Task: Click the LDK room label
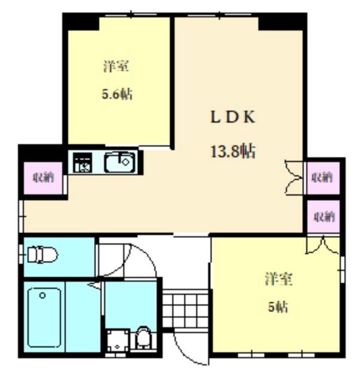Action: click(232, 117)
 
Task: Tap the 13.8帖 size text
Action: click(232, 151)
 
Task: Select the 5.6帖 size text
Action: click(117, 94)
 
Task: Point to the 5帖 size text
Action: click(278, 307)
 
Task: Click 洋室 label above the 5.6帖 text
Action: click(116, 66)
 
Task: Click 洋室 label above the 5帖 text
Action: click(279, 279)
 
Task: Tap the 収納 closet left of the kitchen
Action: click(43, 177)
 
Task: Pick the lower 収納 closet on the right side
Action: click(323, 217)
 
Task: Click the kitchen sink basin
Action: click(120, 162)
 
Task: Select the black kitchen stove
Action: click(83, 162)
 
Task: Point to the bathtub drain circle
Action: click(42, 295)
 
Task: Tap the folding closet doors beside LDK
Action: click(294, 177)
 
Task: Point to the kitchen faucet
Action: click(127, 158)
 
